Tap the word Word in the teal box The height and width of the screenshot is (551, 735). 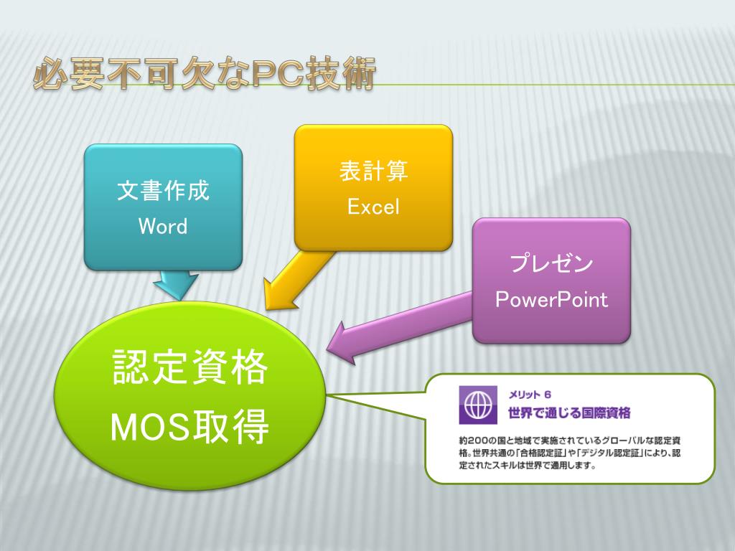tap(163, 227)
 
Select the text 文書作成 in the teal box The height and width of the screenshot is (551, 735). tap(163, 192)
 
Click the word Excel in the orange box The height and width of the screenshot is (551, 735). tap(373, 207)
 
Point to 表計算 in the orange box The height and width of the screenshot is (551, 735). tap(373, 171)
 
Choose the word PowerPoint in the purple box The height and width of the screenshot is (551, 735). tap(551, 299)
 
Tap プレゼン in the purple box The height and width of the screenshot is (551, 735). tap(551, 264)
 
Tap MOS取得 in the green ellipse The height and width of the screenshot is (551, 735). tap(190, 428)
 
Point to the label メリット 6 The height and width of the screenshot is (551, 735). tap(530, 394)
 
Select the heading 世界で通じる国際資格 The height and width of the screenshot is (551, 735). tap(568, 413)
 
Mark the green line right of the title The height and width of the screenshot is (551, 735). tap(553, 85)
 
